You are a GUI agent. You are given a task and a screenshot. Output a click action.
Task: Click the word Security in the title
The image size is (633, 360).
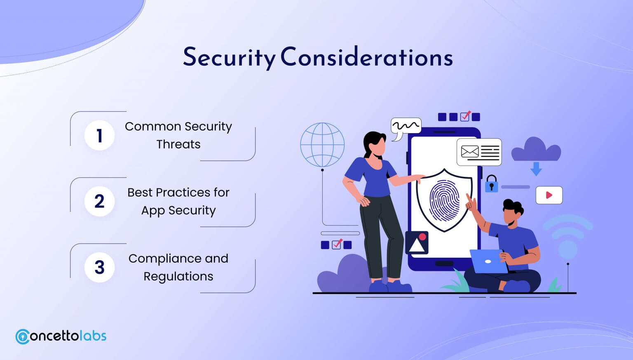pyautogui.click(x=229, y=58)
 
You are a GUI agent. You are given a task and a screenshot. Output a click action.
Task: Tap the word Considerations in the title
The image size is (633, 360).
pyautogui.click(x=367, y=56)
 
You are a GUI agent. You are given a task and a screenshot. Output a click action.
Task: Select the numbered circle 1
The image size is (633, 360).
pyautogui.click(x=99, y=135)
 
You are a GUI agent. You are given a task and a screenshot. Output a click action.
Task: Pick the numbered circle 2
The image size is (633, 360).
pyautogui.click(x=99, y=201)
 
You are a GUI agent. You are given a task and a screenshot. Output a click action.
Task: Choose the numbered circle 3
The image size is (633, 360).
pyautogui.click(x=99, y=267)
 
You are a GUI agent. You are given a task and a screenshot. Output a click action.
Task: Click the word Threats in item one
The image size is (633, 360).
pyautogui.click(x=178, y=144)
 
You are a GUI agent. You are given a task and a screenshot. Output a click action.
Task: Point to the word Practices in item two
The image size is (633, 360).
pyautogui.click(x=183, y=193)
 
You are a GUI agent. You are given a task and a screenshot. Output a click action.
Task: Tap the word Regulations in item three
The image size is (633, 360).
pyautogui.click(x=178, y=276)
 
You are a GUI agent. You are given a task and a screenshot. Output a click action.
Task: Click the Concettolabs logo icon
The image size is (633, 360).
pyautogui.click(x=22, y=336)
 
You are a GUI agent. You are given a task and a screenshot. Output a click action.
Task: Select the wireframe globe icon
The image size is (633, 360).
pyautogui.click(x=322, y=145)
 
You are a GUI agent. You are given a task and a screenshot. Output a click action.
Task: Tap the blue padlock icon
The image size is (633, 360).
pyautogui.click(x=491, y=184)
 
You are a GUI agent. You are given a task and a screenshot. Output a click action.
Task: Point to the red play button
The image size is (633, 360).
pyautogui.click(x=549, y=195)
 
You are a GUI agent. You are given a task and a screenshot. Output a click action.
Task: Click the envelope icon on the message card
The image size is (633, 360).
pyautogui.click(x=470, y=152)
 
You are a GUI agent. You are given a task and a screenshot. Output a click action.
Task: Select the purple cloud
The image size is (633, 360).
pyautogui.click(x=536, y=149)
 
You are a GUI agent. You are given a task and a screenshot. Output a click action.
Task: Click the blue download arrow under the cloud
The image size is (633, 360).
pyautogui.click(x=536, y=169)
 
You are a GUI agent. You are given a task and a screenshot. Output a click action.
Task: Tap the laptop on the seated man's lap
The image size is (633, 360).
pyautogui.click(x=488, y=261)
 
